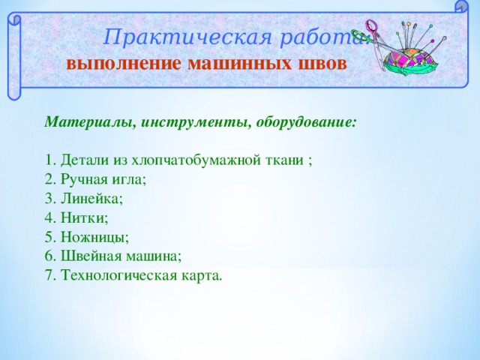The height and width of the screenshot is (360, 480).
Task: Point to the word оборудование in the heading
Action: [x=307, y=121]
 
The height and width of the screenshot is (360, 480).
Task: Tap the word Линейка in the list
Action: [x=91, y=199]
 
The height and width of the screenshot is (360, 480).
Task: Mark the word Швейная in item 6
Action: [x=93, y=257]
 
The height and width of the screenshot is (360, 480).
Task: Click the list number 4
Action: [x=49, y=218]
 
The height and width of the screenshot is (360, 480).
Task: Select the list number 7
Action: [x=49, y=277]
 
